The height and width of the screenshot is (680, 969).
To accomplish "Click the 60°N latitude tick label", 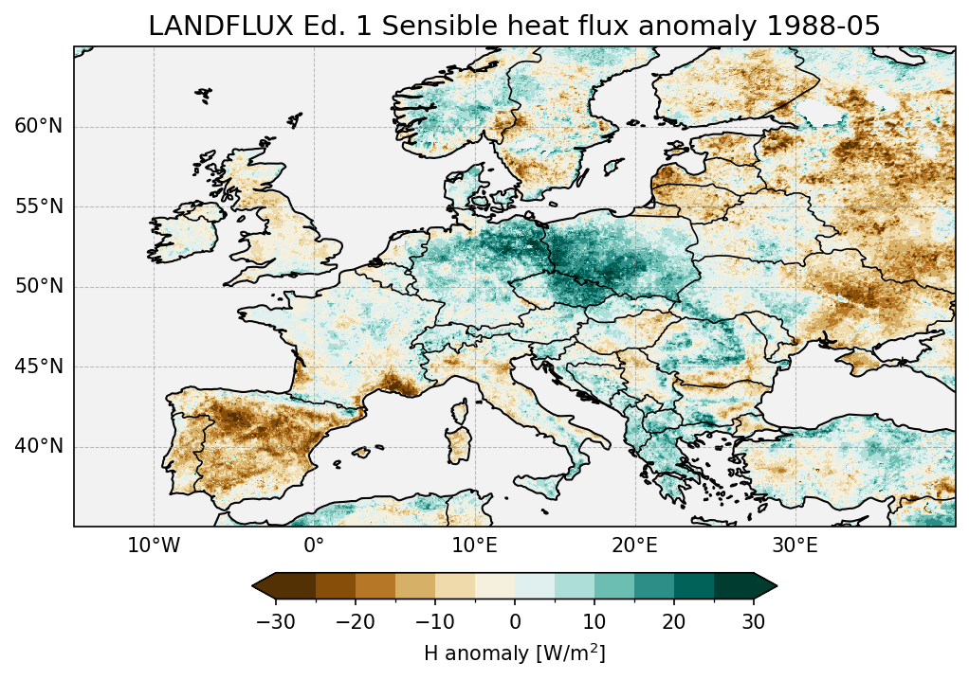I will [38, 127].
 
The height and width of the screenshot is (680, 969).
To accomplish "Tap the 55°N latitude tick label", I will [38, 206].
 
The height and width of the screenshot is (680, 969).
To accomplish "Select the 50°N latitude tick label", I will [38, 287].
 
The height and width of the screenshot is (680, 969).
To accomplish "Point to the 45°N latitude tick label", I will [38, 367].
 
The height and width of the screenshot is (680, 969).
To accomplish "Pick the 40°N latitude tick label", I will [38, 446].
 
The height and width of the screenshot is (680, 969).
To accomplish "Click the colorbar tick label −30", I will [275, 621].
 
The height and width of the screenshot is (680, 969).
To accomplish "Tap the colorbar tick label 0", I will [515, 621].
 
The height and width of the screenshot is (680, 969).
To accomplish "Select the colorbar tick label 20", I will [674, 621].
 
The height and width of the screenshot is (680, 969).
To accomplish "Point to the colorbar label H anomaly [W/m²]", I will [514, 653].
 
